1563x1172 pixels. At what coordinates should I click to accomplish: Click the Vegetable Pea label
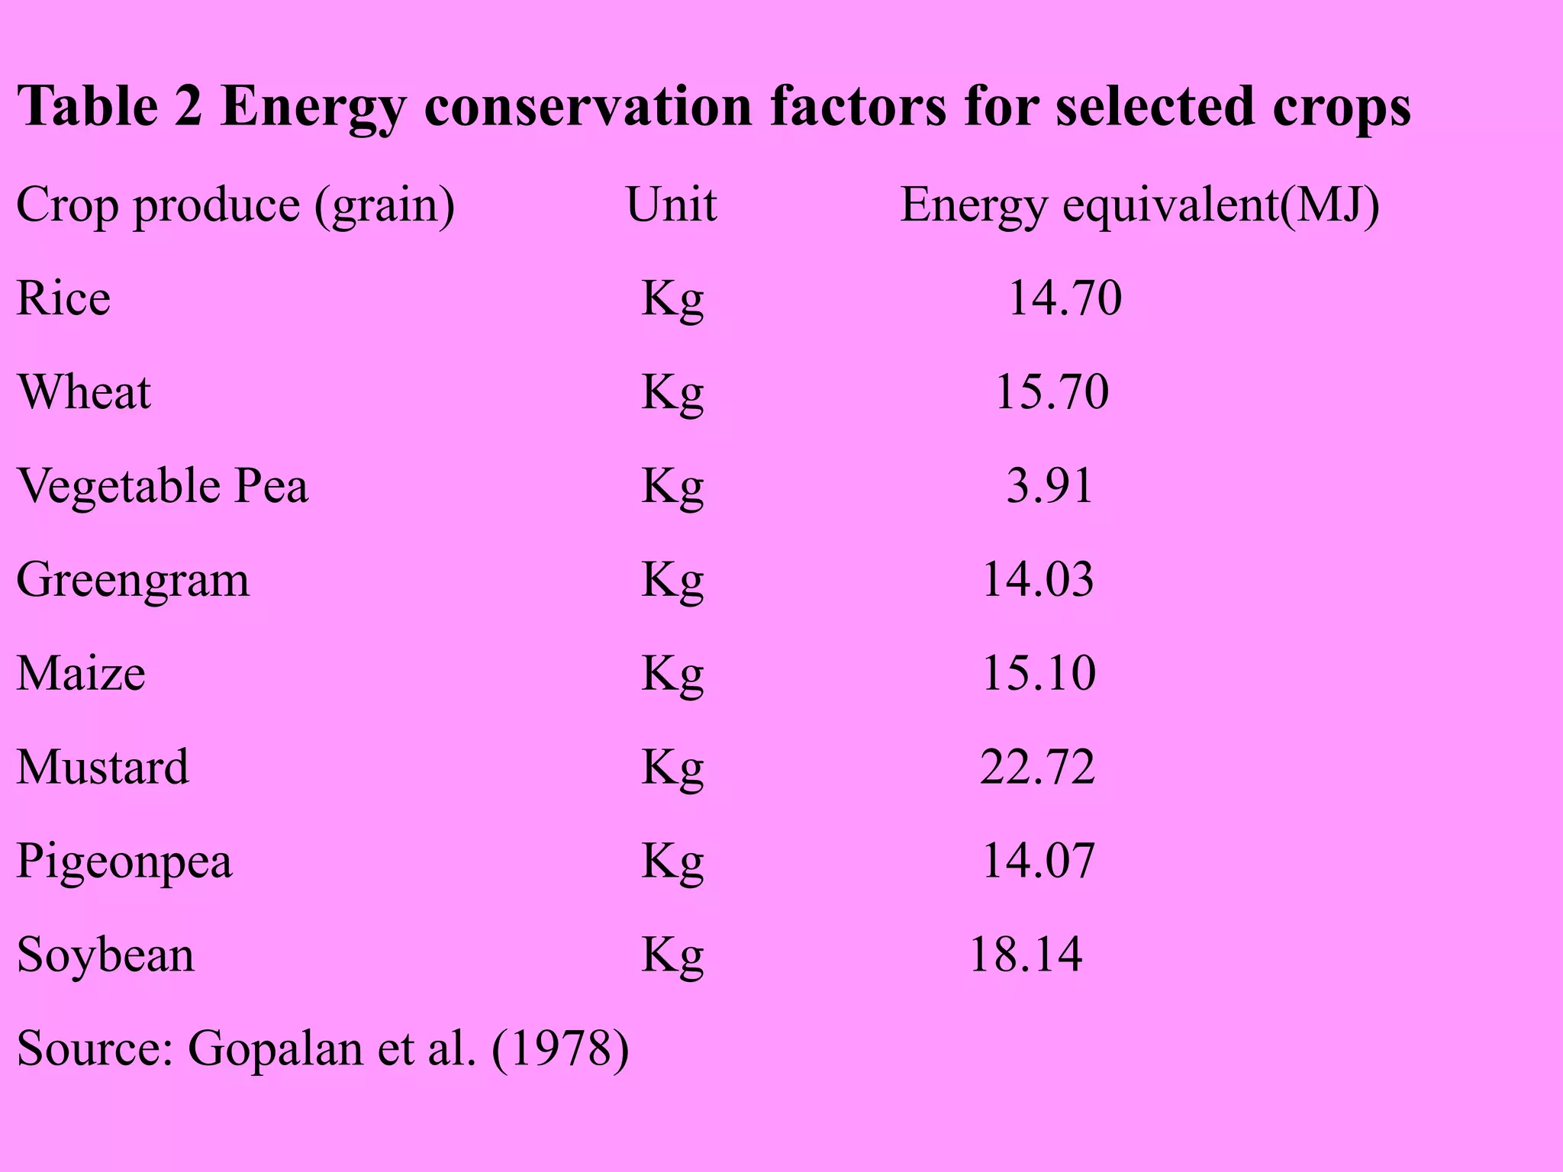coord(163,485)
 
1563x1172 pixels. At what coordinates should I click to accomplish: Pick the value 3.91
coord(1049,485)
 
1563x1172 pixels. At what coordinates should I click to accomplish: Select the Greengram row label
coord(133,580)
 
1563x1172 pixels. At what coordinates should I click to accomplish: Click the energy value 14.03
coord(1037,579)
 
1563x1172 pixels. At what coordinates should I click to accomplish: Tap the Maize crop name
coord(81,673)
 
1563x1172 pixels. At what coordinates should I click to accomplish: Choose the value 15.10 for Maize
coord(1038,673)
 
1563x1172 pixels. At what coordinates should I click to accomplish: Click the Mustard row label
coord(102,767)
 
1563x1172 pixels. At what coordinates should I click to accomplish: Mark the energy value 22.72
coord(1037,767)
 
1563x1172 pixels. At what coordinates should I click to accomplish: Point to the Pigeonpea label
coord(124,861)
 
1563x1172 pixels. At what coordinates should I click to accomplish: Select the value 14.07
coord(1038,861)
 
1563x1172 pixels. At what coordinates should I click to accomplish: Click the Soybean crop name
coord(105,955)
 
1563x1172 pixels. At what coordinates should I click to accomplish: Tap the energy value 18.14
coord(1026,955)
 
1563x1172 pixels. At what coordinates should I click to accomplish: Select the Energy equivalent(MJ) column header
coord(1139,205)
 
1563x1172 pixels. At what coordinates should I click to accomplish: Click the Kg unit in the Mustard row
coord(672,768)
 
